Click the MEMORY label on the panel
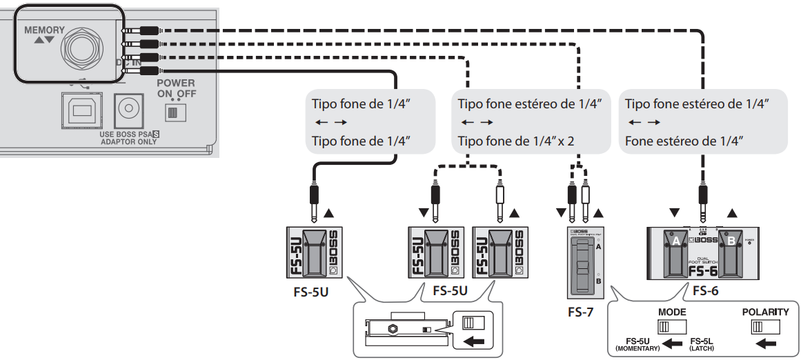click(x=44, y=30)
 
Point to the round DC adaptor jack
click(x=128, y=108)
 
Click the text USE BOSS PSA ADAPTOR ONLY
click(x=129, y=137)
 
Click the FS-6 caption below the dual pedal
click(x=705, y=291)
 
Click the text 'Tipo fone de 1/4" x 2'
click(x=515, y=141)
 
